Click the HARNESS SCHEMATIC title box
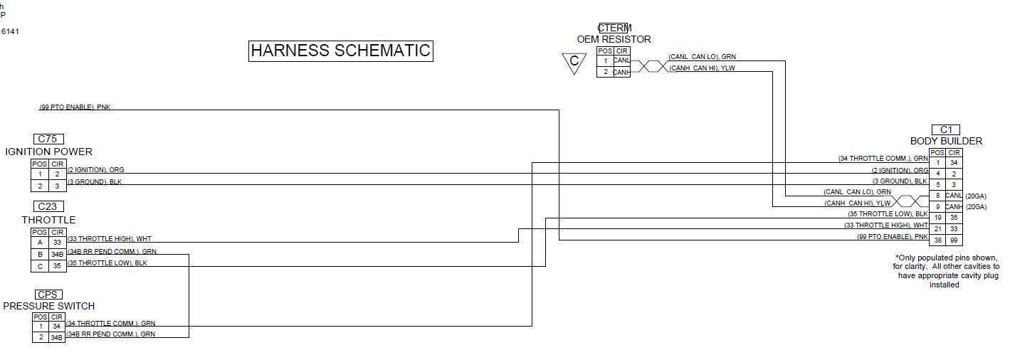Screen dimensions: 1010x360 tap(340, 51)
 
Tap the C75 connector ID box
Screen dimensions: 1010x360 tap(47, 139)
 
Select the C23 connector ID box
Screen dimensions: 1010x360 tap(47, 207)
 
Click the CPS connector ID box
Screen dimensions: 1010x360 tap(48, 295)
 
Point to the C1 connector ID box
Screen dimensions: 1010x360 tap(946, 129)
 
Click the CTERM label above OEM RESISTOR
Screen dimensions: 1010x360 tap(614, 28)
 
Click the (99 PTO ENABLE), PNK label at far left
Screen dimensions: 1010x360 tap(75, 107)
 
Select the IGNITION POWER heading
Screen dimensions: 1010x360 tap(48, 152)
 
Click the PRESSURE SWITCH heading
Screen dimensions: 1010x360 tap(48, 306)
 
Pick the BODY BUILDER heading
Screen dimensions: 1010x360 tap(946, 141)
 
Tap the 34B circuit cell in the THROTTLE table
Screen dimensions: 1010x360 tap(58, 255)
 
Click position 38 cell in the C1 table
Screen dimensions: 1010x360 tap(938, 240)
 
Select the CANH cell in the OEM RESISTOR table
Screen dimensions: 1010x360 tap(621, 73)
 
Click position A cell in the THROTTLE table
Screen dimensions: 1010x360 tap(40, 243)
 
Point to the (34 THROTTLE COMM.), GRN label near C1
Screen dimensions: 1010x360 tap(883, 159)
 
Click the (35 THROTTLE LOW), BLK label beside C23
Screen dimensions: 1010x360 tap(107, 263)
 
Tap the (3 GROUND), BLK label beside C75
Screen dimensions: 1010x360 tap(95, 183)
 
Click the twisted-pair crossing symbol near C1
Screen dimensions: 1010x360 tap(911, 202)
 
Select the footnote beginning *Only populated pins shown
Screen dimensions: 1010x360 tap(946, 271)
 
